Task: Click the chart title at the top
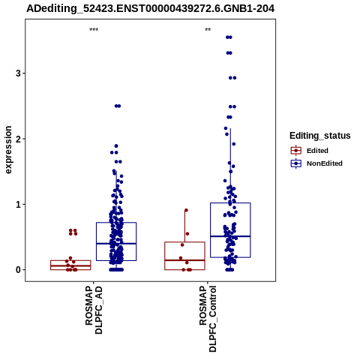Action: click(151, 8)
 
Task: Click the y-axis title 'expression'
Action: click(8, 150)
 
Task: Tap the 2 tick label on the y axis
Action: click(18, 139)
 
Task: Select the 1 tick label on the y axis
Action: click(18, 204)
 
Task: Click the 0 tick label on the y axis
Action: click(18, 270)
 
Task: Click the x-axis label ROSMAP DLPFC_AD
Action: click(94, 310)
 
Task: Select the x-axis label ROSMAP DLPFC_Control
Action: click(208, 319)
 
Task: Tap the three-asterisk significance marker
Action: click(94, 30)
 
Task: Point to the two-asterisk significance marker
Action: click(208, 30)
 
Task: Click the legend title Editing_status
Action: click(320, 136)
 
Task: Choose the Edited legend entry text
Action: click(317, 151)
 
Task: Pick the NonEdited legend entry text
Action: click(325, 163)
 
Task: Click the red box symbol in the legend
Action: click(296, 151)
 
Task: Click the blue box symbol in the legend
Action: click(296, 163)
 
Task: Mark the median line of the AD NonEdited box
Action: click(116, 244)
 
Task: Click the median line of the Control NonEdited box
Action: click(230, 236)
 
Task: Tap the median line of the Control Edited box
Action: click(184, 260)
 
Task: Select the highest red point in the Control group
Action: click(186, 210)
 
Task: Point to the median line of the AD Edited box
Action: click(70, 265)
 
